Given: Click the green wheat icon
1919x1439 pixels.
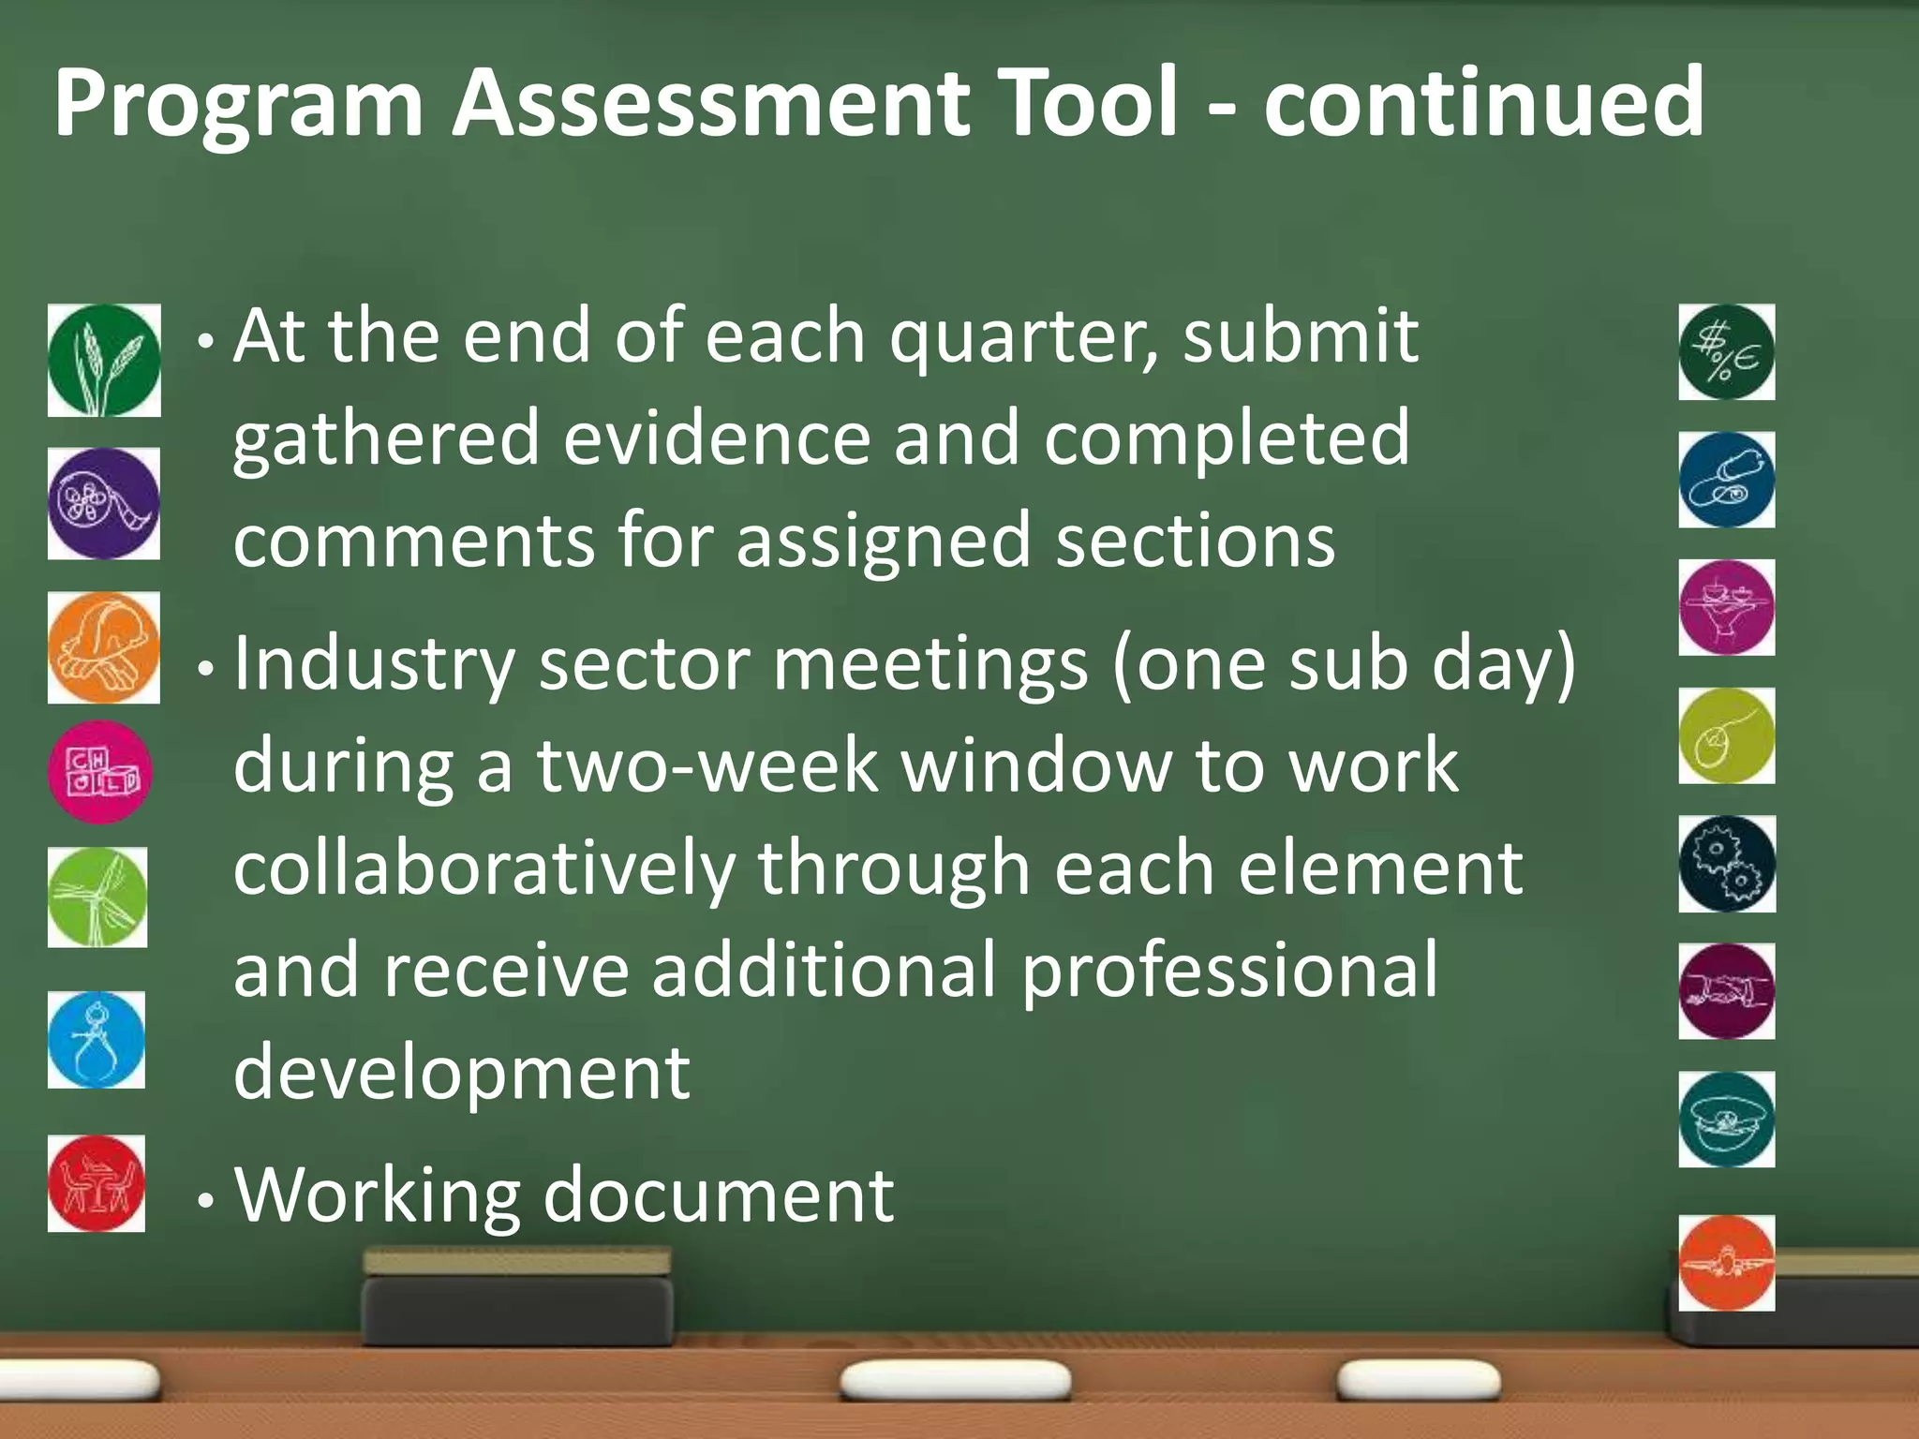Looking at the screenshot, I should pos(104,360).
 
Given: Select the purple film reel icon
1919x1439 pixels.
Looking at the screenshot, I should pos(103,503).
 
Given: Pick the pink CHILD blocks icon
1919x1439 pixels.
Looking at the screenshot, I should pos(100,772).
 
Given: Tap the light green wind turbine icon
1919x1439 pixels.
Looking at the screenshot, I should pos(97,898).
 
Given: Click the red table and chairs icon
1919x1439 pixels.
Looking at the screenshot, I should pos(97,1183).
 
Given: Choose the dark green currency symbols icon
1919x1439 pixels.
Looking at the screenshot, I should pos(1726,352).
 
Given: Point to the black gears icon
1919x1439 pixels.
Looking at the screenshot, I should pos(1726,864).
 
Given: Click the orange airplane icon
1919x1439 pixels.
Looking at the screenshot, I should pos(1726,1263).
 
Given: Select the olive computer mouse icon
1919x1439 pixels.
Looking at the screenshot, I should pos(1726,736).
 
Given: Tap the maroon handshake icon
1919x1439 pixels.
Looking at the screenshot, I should pos(1726,991).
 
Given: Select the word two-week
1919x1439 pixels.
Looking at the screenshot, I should pos(707,766).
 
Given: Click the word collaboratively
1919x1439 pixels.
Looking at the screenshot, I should pos(483,869).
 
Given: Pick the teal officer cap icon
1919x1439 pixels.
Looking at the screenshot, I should pos(1726,1120).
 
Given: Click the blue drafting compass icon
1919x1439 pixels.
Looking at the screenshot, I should pos(97,1040).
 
